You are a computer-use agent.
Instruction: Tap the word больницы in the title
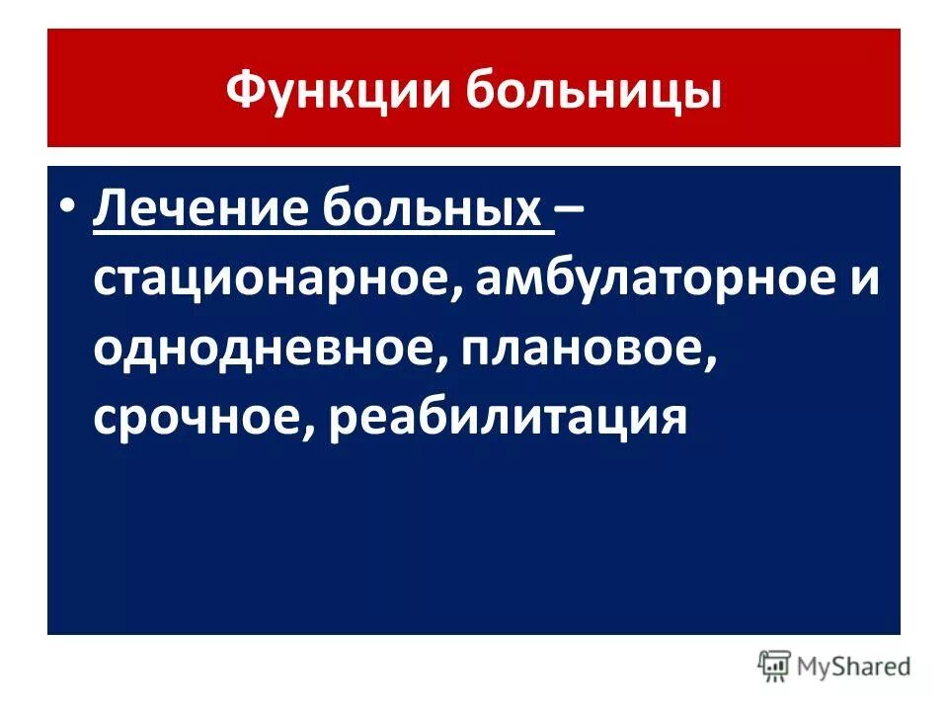pos(592,92)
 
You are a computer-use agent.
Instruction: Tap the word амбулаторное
pos(653,279)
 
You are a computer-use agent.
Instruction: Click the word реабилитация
pos(509,418)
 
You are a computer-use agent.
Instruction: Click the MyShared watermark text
pos(853,668)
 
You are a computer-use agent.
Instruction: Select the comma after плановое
pos(711,363)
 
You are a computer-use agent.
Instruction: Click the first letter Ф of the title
pos(243,92)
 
